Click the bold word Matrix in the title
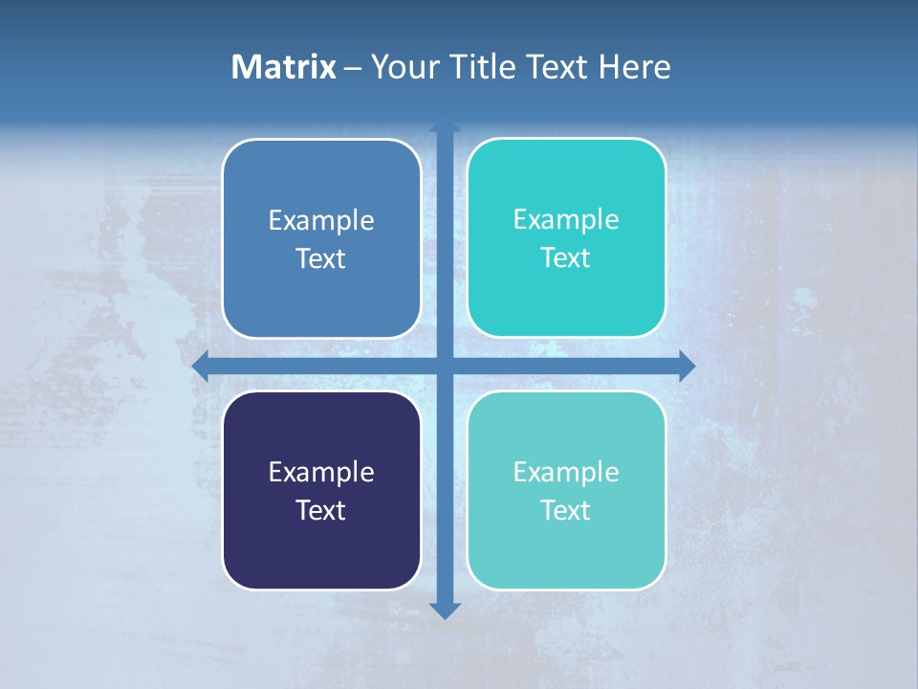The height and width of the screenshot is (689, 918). click(x=284, y=67)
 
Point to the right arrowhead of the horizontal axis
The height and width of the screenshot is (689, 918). click(x=687, y=367)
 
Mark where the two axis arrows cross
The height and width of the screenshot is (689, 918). click(x=445, y=367)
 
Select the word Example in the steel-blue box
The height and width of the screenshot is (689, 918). click(x=321, y=221)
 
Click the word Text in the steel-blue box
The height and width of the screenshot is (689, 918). click(x=321, y=259)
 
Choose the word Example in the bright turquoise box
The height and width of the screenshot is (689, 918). click(x=566, y=220)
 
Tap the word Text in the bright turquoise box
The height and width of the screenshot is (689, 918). click(x=566, y=258)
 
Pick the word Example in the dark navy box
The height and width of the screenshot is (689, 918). click(x=321, y=473)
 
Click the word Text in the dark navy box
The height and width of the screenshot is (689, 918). click(x=321, y=511)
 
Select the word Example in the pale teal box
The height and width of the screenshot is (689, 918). click(x=566, y=473)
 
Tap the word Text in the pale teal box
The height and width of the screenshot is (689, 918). click(x=566, y=511)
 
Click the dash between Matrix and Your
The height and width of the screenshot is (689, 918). click(x=353, y=68)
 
